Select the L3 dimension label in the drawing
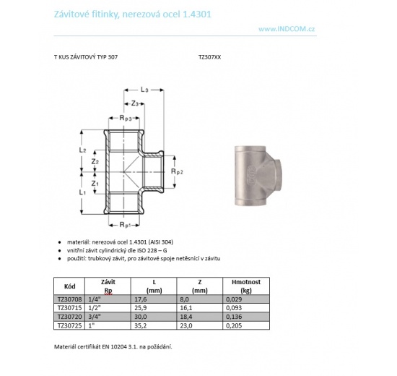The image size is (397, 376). pyautogui.click(x=144, y=90)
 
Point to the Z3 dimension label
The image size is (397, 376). pyautogui.click(x=135, y=103)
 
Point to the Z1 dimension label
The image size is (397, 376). pyautogui.click(x=97, y=183)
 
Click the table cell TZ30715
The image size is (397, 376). pyautogui.click(x=69, y=307)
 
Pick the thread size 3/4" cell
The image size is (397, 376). pyautogui.click(x=92, y=317)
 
